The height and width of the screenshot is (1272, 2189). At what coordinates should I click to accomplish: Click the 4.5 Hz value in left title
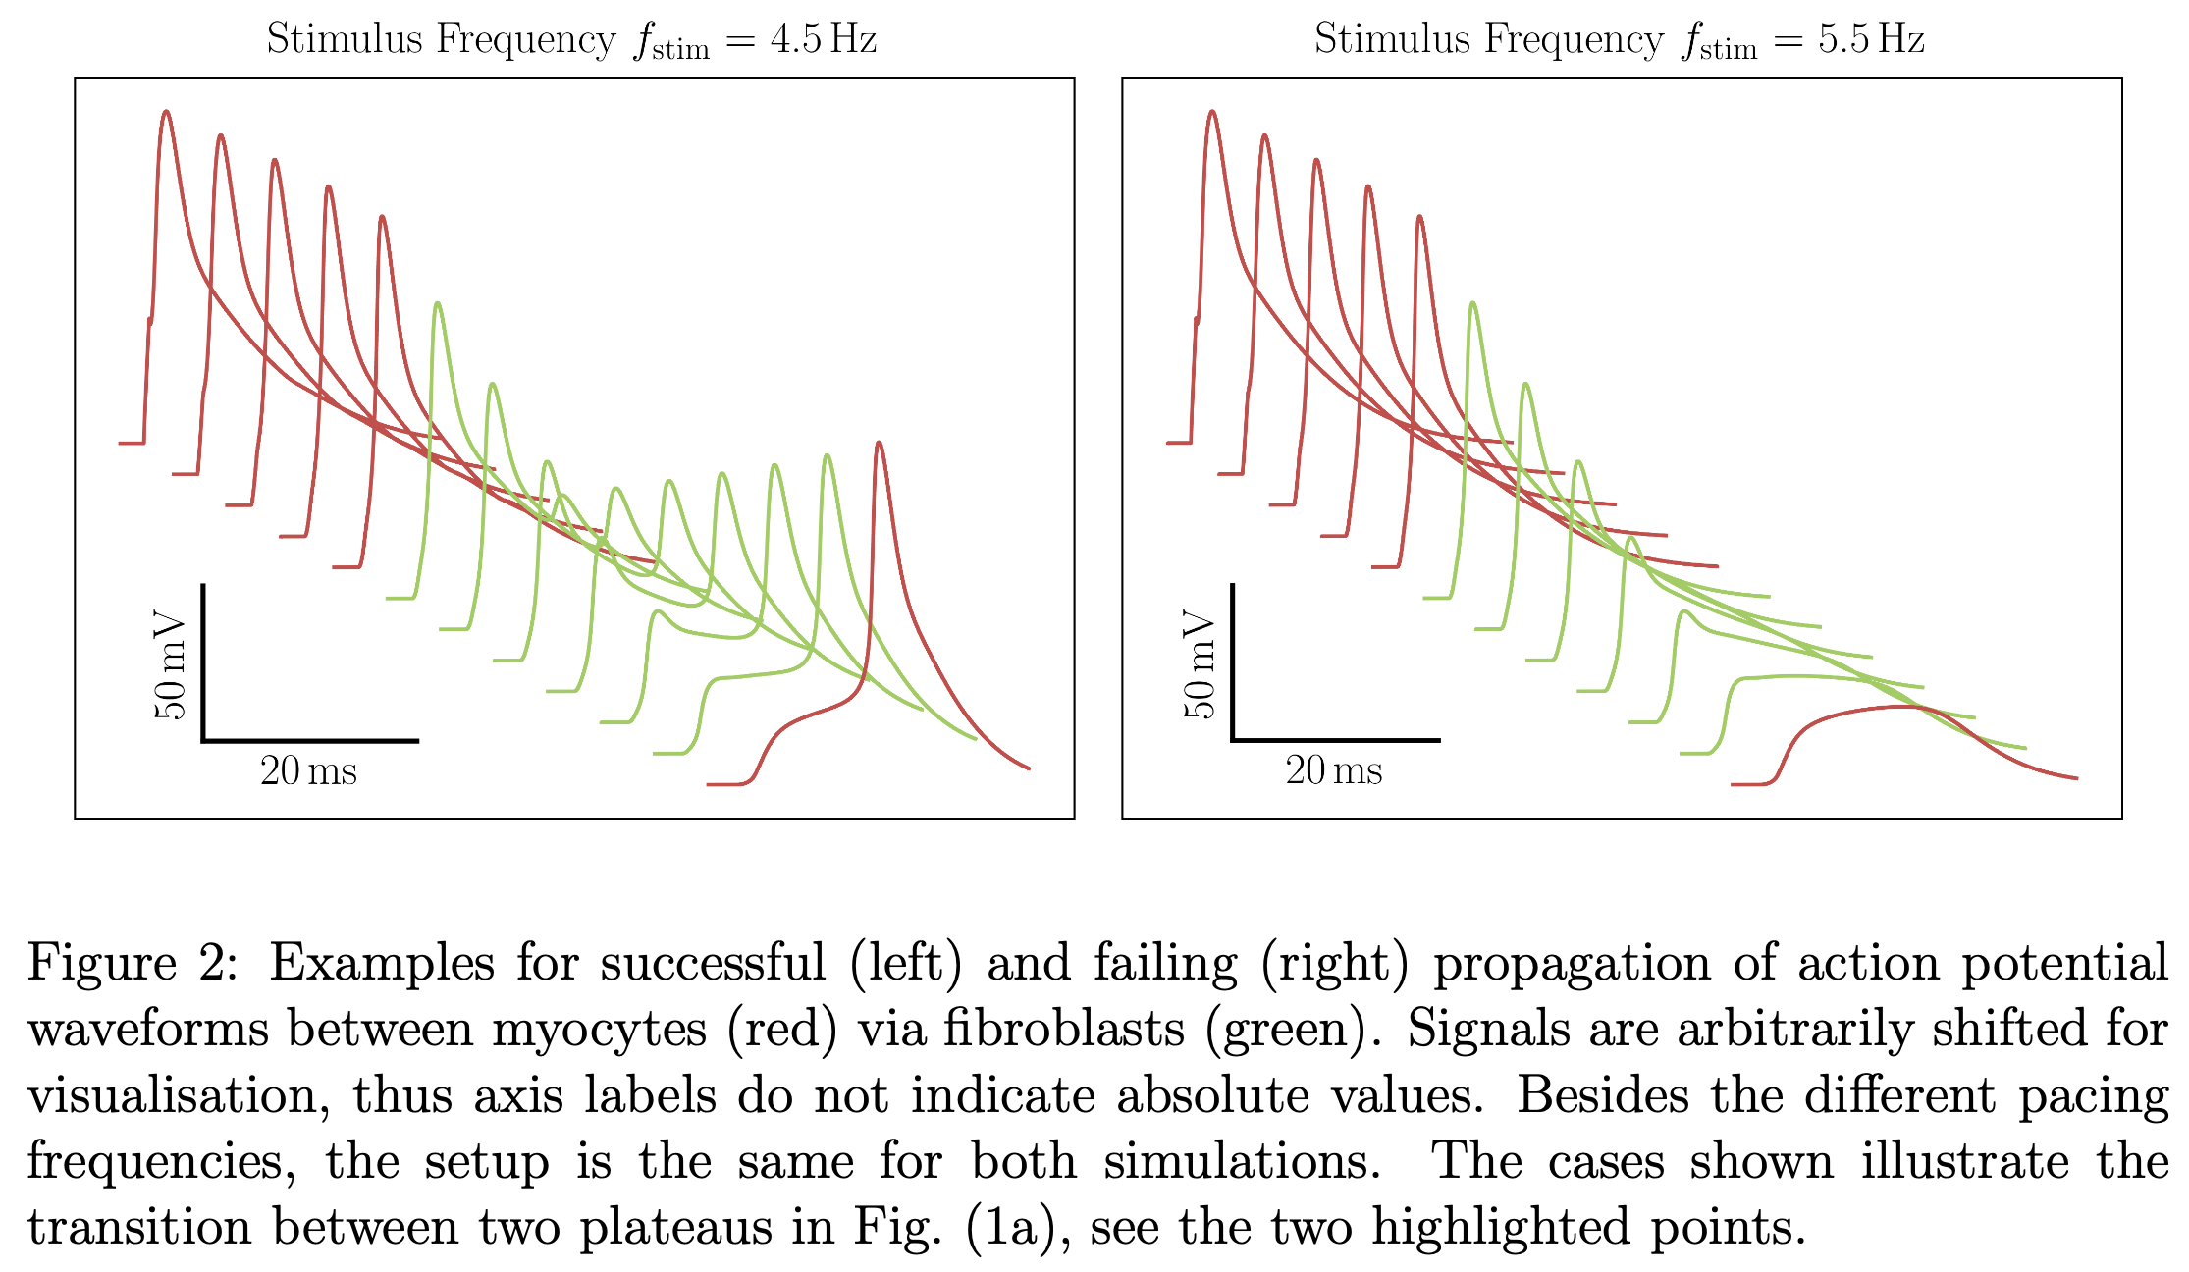click(823, 39)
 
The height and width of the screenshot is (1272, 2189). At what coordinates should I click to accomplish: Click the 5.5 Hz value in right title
click(1871, 39)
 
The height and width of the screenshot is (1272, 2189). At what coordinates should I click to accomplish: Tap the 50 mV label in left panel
click(170, 666)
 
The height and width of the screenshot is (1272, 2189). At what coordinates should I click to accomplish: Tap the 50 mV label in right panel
click(1200, 666)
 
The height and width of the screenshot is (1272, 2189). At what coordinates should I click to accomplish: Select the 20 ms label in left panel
click(308, 771)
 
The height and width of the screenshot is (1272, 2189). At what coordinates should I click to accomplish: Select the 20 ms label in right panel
click(1334, 771)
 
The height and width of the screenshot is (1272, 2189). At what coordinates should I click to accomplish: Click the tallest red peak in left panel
click(167, 112)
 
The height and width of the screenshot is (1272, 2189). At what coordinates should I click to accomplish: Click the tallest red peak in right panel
click(1213, 112)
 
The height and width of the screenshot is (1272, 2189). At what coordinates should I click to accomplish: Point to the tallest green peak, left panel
click(438, 303)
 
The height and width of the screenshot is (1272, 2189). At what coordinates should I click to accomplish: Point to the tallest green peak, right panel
click(1472, 303)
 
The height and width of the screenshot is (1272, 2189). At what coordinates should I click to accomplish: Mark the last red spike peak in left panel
click(879, 444)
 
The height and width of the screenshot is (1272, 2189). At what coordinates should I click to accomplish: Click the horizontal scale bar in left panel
click(310, 740)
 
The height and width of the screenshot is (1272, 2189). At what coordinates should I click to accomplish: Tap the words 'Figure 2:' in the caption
click(132, 963)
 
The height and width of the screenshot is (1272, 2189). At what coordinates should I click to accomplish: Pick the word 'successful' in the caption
click(713, 963)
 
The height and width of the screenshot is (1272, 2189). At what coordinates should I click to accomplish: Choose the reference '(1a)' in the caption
click(1007, 1227)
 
